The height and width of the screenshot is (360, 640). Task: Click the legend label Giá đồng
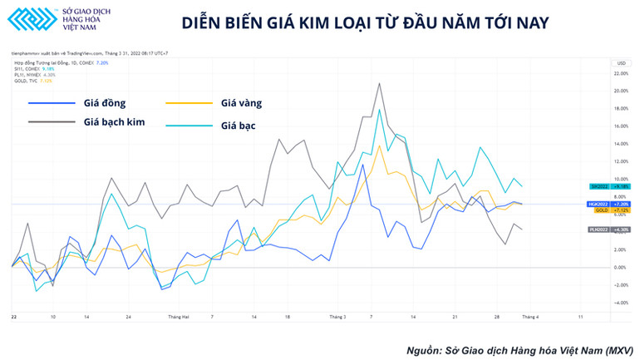point(104,103)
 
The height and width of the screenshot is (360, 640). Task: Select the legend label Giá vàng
point(242,103)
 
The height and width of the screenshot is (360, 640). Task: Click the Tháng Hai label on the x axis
point(179,317)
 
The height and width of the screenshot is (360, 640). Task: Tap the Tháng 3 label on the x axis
point(337,317)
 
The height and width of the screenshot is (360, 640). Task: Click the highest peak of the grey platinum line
point(380,83)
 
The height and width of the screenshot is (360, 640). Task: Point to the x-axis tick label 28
point(497,317)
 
